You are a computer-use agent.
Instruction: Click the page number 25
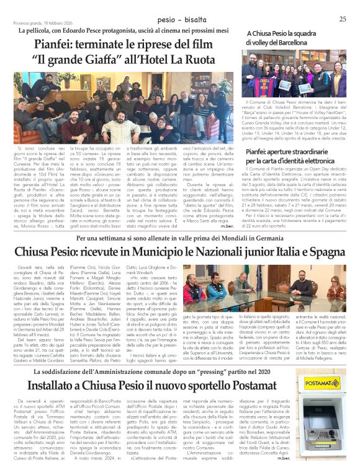pos(343,19)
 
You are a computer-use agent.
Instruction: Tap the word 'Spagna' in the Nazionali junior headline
pos(319,254)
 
